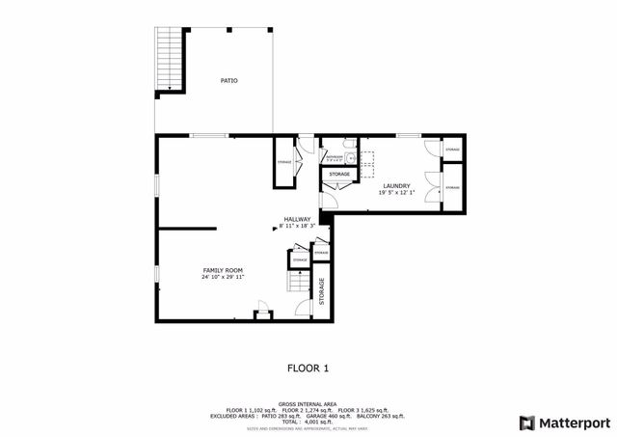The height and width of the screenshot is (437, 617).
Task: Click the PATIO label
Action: tap(228, 80)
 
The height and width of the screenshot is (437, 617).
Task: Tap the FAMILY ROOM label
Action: tap(223, 269)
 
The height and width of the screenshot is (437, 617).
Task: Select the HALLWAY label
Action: tap(297, 219)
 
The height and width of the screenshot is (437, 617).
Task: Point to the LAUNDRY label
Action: tap(396, 186)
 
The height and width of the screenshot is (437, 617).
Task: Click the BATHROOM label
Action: tap(334, 155)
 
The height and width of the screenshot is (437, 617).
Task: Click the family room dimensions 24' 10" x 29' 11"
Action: tap(223, 277)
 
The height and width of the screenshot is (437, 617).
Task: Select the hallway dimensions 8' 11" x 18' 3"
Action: tap(297, 226)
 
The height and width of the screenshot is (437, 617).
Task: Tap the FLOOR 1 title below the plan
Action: tap(308, 368)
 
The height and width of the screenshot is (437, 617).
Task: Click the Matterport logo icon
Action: tap(525, 423)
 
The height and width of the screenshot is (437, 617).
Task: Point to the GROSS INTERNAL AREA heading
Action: tap(308, 404)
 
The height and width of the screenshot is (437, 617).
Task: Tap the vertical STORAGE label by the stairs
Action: tap(322, 295)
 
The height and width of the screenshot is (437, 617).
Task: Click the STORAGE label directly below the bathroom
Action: tap(338, 174)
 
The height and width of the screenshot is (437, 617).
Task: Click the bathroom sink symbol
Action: tap(352, 154)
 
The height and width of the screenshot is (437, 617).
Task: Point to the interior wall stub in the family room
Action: tap(187, 229)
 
